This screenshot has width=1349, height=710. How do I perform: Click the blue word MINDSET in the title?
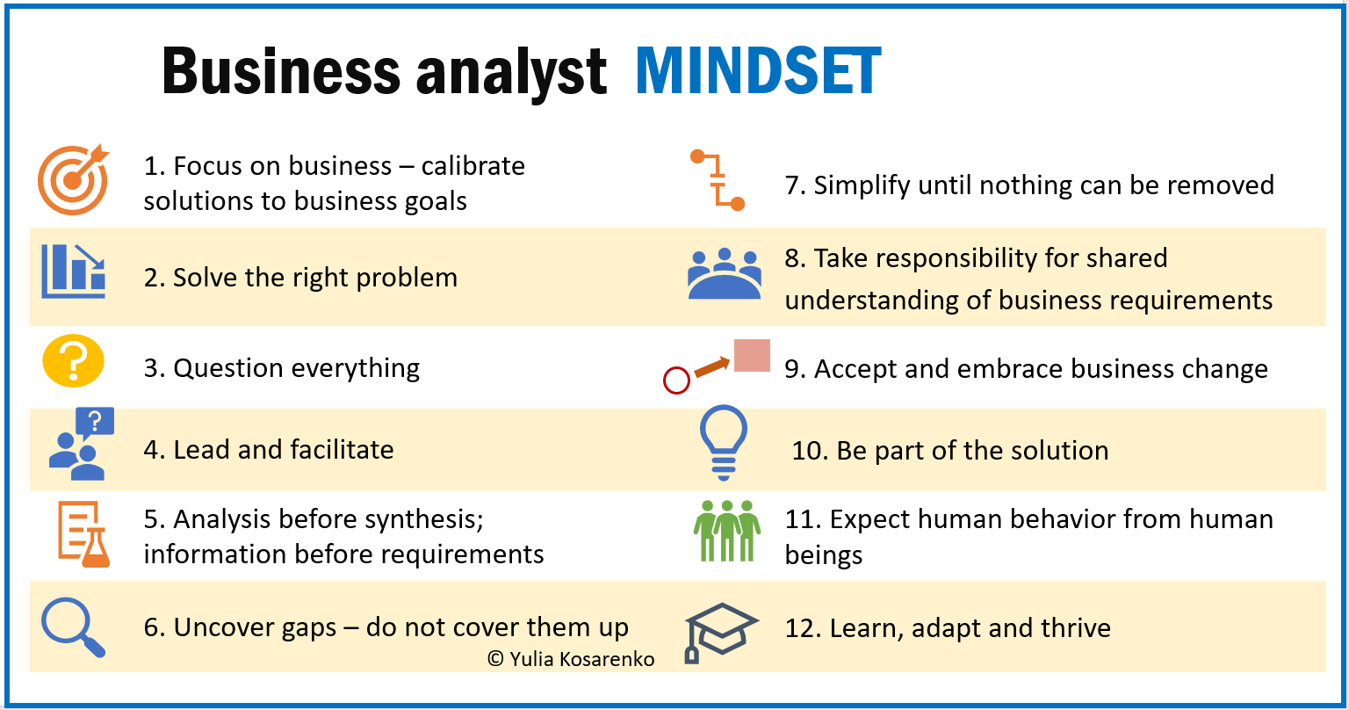pyautogui.click(x=758, y=71)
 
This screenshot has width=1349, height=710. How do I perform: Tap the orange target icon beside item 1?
pyautogui.click(x=73, y=179)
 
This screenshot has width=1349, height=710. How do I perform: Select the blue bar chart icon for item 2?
pyautogui.click(x=74, y=272)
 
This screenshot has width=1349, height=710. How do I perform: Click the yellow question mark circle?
pyautogui.click(x=74, y=360)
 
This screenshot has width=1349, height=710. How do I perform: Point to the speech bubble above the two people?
pyautogui.click(x=95, y=423)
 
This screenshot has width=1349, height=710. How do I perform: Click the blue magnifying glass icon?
pyautogui.click(x=74, y=627)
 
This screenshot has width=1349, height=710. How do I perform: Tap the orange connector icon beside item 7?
pyautogui.click(x=718, y=179)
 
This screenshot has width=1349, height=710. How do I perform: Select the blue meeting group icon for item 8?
pyautogui.click(x=725, y=273)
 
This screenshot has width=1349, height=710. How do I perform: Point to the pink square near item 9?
pyautogui.click(x=752, y=355)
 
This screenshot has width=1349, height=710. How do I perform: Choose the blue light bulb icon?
pyautogui.click(x=724, y=442)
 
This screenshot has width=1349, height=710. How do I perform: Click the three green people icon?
pyautogui.click(x=727, y=531)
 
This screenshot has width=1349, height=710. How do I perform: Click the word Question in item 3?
pyautogui.click(x=228, y=368)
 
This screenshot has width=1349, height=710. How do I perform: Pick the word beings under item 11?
pyautogui.click(x=823, y=555)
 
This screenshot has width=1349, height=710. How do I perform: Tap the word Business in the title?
pyautogui.click(x=281, y=71)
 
